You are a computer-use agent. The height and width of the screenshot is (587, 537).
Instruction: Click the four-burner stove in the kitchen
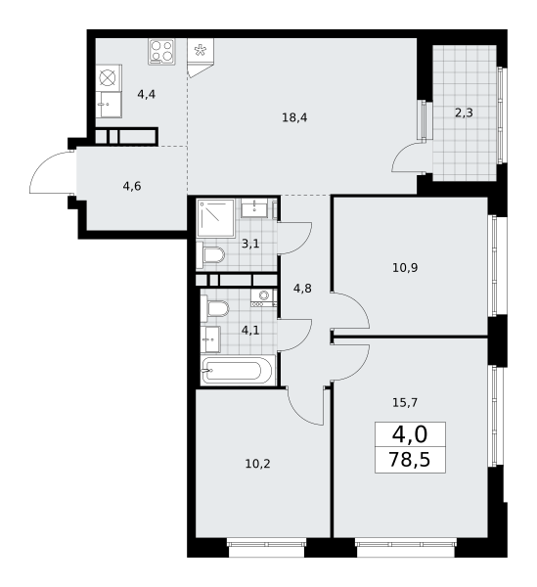click(161, 52)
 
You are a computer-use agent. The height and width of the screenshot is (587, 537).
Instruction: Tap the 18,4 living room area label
click(294, 118)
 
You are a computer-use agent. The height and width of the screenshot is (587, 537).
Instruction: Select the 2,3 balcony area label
click(464, 113)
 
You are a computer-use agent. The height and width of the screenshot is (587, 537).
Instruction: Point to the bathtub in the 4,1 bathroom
click(238, 370)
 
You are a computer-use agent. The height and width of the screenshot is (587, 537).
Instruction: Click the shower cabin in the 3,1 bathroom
click(215, 217)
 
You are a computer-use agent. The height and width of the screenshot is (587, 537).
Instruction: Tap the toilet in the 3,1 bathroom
click(210, 255)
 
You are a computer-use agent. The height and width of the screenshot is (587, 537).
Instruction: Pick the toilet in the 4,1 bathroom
click(215, 308)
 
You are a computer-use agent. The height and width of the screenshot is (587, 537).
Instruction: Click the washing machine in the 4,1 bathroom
click(264, 298)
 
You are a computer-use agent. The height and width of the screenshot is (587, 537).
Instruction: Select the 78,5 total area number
click(410, 460)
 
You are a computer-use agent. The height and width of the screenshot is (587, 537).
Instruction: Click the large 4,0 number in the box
click(410, 435)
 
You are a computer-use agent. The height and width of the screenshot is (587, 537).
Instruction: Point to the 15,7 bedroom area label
click(405, 402)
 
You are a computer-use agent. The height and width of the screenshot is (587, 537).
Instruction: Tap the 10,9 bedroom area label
click(405, 268)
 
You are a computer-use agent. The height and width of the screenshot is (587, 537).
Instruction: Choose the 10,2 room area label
click(257, 464)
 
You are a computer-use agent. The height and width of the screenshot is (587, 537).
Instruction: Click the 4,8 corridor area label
click(302, 289)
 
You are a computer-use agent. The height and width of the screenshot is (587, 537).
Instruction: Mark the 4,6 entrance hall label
click(132, 186)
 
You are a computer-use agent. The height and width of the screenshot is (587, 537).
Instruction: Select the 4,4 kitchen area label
click(147, 94)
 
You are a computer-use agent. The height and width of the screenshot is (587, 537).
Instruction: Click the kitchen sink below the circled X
click(109, 105)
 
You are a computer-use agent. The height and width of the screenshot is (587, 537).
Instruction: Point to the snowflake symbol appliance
click(201, 50)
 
